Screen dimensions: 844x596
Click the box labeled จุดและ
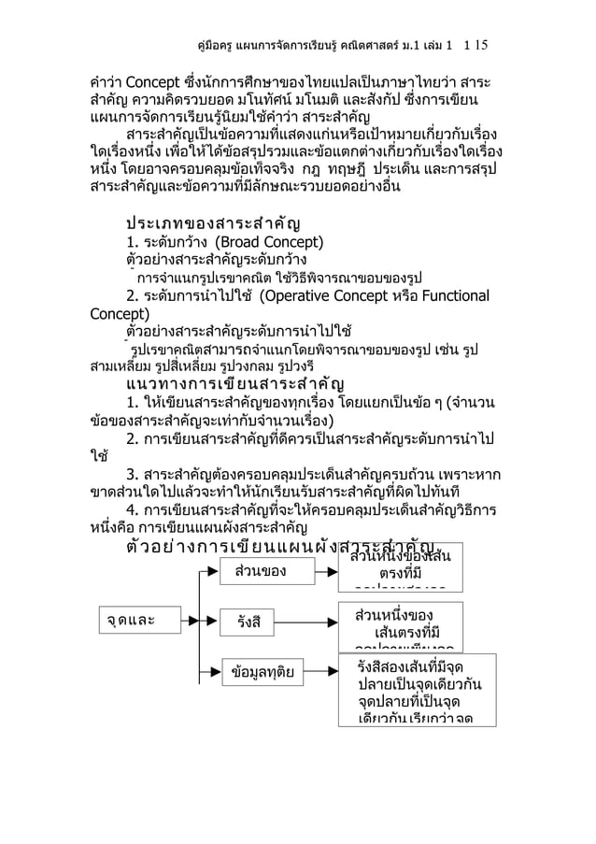coord(131,619)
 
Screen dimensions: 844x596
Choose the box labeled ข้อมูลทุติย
coord(262,671)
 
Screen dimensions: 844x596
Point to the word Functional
coord(451,297)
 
